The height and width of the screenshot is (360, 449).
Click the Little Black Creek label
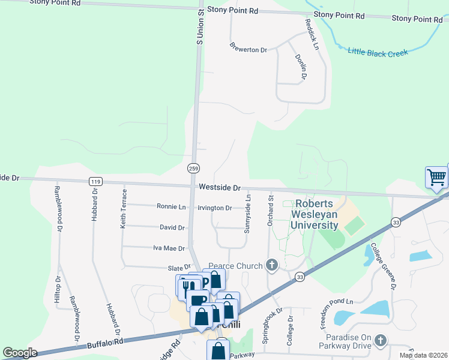[378, 52]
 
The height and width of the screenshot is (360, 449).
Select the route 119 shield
[94, 181]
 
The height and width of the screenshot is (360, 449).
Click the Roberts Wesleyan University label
[315, 215]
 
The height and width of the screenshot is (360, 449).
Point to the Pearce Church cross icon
[271, 265]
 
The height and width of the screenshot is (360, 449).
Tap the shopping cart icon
[436, 178]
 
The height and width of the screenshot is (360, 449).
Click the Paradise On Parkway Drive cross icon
[379, 341]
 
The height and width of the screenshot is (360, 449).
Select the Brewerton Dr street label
[248, 49]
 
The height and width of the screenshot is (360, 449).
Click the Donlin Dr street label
[301, 66]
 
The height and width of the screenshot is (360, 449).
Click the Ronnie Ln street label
[171, 206]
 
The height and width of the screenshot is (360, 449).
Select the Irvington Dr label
[214, 208]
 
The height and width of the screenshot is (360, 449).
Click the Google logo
[20, 353]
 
